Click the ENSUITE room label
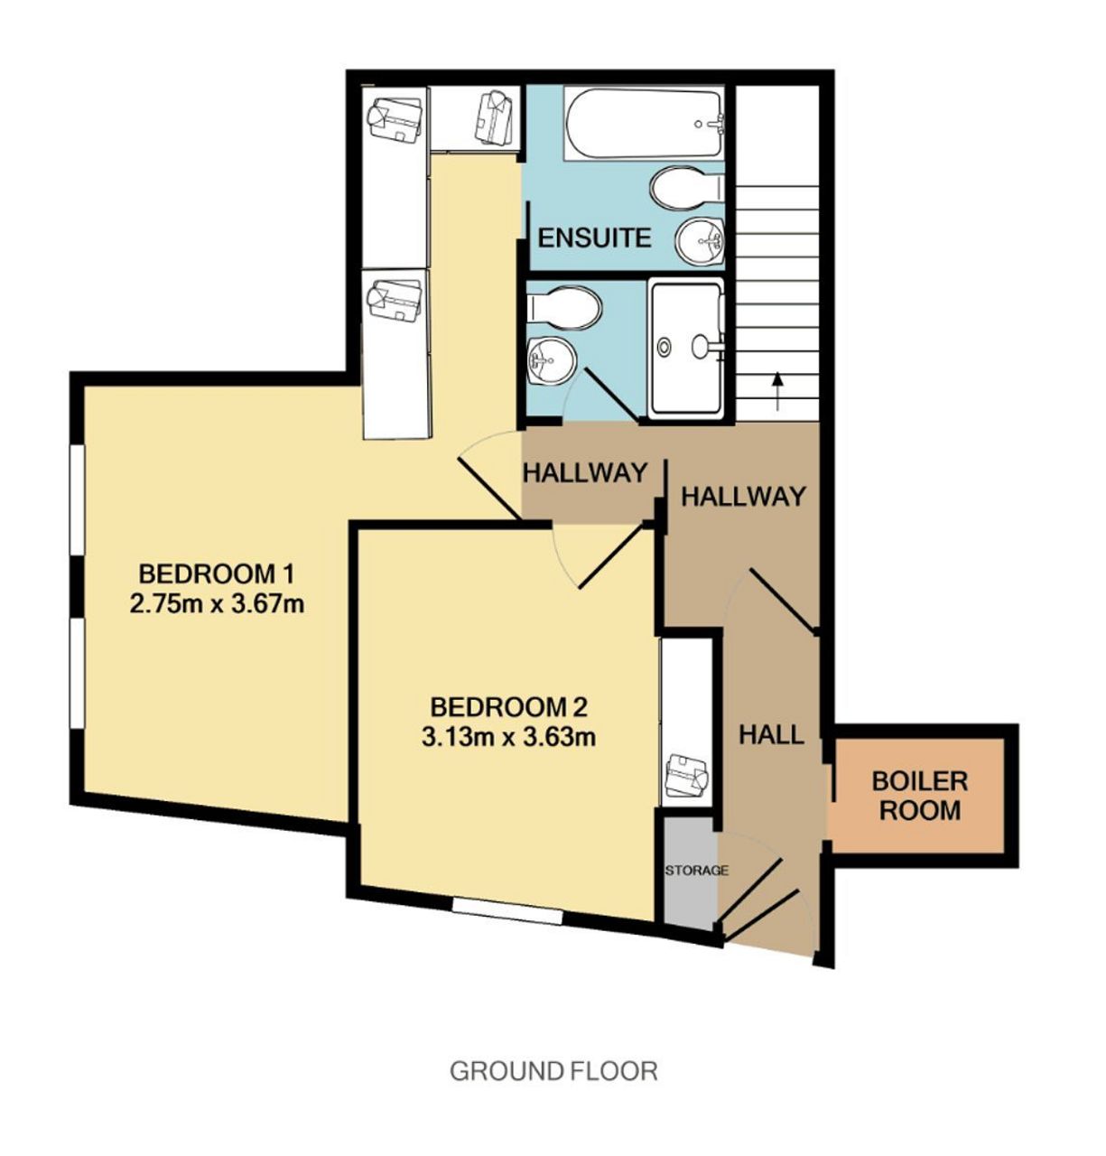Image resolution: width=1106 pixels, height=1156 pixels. (x=594, y=238)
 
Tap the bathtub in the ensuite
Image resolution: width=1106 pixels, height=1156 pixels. (x=643, y=123)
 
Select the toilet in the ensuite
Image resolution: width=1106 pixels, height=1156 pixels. (x=687, y=187)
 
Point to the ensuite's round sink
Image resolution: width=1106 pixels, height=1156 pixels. (x=699, y=240)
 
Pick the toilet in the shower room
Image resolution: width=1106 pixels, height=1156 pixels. (x=563, y=308)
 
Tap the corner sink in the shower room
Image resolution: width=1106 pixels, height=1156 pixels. (x=552, y=360)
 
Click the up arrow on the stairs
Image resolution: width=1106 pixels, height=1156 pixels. (x=776, y=392)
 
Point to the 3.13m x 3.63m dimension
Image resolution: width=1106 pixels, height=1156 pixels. (x=508, y=737)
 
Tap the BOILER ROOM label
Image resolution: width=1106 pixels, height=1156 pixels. (x=919, y=796)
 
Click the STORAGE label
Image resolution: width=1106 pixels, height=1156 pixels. (x=696, y=871)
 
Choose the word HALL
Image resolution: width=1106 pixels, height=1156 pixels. (x=771, y=735)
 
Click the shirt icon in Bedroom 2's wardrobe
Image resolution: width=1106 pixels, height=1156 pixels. (x=687, y=775)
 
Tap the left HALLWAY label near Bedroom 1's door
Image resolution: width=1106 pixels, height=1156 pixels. (x=584, y=473)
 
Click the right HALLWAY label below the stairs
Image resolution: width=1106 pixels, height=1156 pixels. (x=742, y=496)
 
